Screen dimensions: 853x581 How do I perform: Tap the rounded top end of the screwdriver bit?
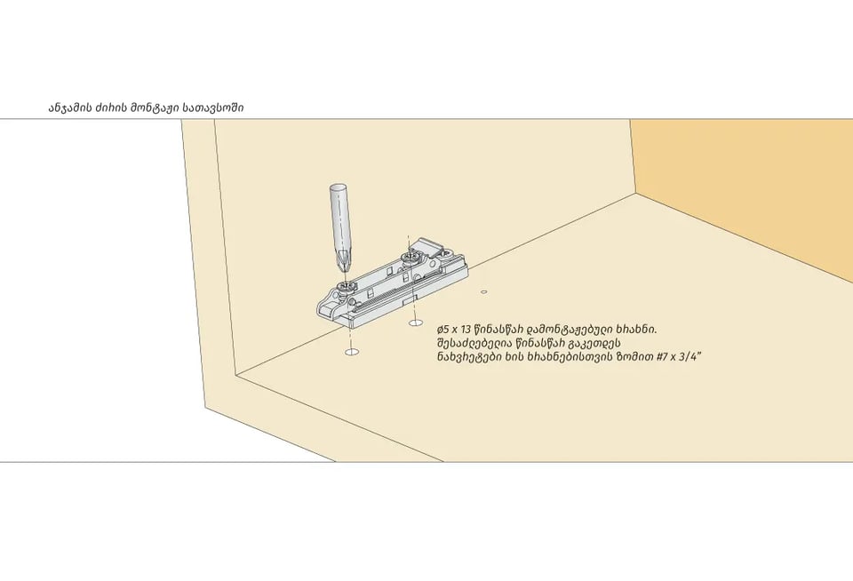pyautogui.click(x=338, y=188)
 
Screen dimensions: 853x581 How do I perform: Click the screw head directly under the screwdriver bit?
pyautogui.click(x=343, y=286)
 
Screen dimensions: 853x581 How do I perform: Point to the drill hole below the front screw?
pyautogui.click(x=352, y=352)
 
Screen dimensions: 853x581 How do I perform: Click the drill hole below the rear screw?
pyautogui.click(x=416, y=323)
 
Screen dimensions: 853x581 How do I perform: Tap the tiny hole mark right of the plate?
pyautogui.click(x=483, y=292)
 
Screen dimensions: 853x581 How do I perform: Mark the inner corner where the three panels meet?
pyautogui.click(x=635, y=193)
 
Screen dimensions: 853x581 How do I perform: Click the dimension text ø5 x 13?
pyautogui.click(x=454, y=330)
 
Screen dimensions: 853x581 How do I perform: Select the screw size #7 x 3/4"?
pyautogui.click(x=680, y=357)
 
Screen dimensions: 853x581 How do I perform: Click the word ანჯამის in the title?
pyautogui.click(x=69, y=107)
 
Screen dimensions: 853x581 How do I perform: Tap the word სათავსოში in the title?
pyautogui.click(x=213, y=107)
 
